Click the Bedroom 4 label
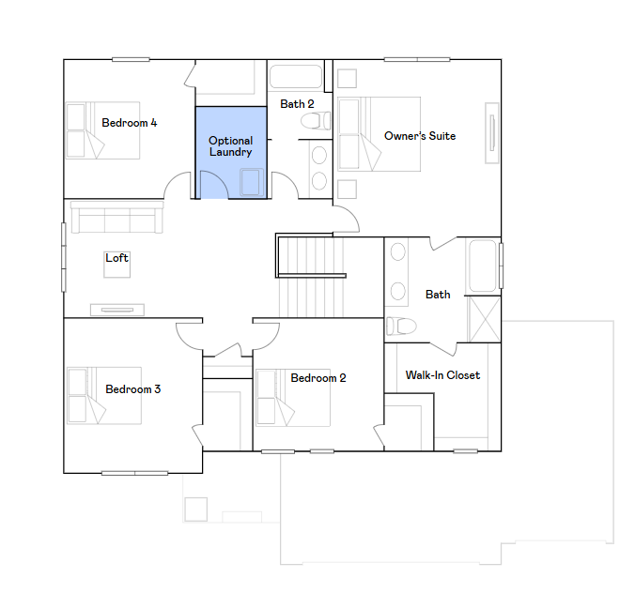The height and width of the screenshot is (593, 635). pos(130,123)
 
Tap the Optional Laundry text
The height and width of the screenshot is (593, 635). pos(230,146)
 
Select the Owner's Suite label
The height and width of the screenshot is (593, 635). pos(420,136)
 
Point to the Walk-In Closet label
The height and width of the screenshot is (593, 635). pos(442,375)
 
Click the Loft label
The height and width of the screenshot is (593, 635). pos(116,258)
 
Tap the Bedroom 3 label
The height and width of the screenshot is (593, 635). pos(132,389)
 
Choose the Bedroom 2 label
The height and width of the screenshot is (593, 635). pos(318,378)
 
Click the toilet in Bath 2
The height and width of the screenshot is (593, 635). pos(316,121)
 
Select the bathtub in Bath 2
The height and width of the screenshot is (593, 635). pos(296,76)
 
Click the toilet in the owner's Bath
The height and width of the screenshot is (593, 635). pos(401,326)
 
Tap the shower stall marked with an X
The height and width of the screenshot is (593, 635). pos(485,319)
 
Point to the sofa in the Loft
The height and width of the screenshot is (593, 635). pos(117,217)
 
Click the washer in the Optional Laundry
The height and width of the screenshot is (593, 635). pos(251,182)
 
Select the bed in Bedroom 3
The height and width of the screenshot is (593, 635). pos(104,396)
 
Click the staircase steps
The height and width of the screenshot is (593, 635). pos(311,277)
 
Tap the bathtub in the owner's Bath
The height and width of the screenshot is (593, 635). pos(482,266)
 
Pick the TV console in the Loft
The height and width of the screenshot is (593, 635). pos(117,310)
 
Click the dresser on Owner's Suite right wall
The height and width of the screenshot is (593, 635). pos(492,133)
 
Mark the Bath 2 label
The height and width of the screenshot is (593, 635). pos(297,104)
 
